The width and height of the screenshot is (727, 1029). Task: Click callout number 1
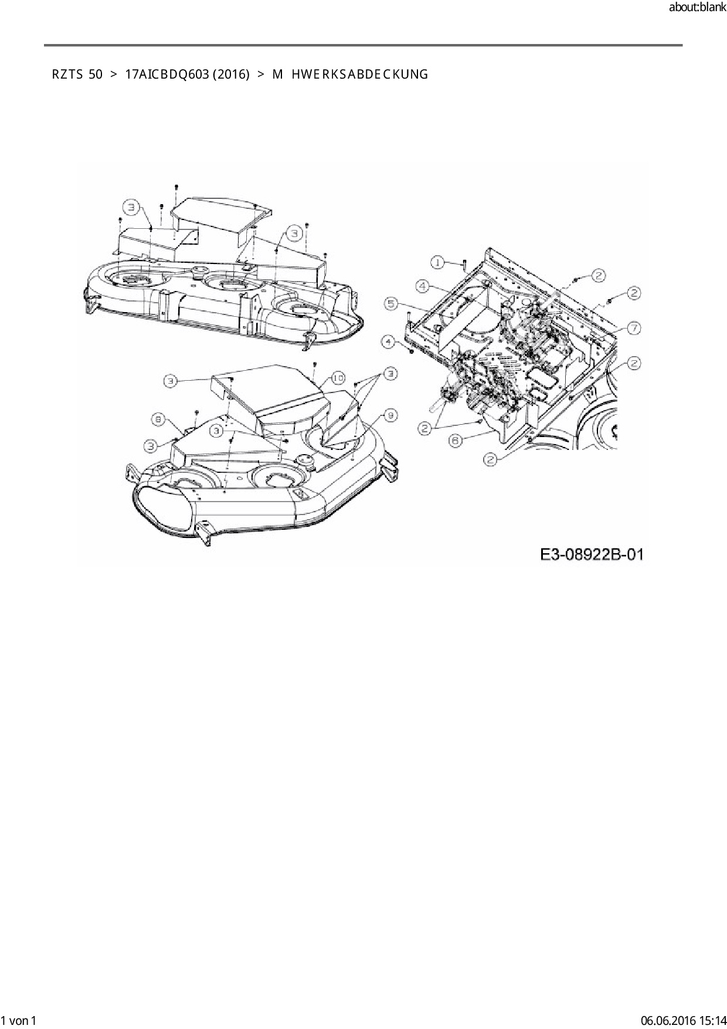click(x=438, y=262)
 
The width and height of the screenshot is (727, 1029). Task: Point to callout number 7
click(x=633, y=328)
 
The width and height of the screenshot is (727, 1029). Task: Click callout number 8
click(x=158, y=419)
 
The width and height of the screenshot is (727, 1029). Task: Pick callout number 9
click(x=389, y=415)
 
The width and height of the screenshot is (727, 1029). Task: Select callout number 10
click(x=338, y=378)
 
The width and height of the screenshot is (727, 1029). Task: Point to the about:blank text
click(x=697, y=8)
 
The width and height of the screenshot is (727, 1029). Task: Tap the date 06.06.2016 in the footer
click(x=666, y=1020)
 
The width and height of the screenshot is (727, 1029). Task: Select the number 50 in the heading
click(x=96, y=75)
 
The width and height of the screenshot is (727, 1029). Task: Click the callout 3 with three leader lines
click(x=389, y=373)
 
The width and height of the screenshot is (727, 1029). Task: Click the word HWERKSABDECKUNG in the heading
click(x=359, y=75)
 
